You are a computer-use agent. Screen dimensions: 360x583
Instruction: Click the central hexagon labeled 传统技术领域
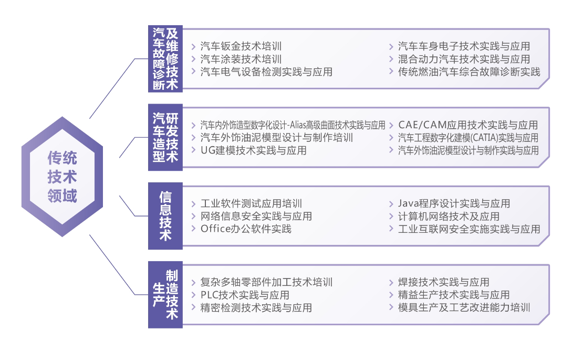tap(62, 177)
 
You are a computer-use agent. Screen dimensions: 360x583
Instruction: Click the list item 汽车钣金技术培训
tap(241, 46)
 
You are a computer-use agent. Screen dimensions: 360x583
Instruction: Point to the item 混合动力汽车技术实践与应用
tap(464, 59)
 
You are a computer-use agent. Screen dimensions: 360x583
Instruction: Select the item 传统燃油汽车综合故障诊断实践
tap(469, 71)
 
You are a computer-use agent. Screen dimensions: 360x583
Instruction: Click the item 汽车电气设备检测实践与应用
tap(266, 71)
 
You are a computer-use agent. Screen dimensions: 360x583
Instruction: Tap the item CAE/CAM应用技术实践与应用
tap(468, 125)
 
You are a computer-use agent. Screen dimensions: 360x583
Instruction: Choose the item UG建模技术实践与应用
tap(254, 150)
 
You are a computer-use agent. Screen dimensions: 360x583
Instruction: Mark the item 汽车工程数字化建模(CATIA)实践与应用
tap(468, 138)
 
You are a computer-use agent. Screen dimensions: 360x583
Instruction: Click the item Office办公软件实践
tap(246, 229)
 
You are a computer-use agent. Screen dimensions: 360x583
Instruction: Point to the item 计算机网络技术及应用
tap(449, 216)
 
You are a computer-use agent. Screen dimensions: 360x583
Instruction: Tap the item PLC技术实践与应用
tap(245, 295)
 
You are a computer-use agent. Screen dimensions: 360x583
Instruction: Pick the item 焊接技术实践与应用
tap(444, 282)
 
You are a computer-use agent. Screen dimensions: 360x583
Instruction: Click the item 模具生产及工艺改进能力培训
tap(464, 307)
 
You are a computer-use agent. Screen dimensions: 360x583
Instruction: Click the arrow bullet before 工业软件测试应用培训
tap(194, 203)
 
